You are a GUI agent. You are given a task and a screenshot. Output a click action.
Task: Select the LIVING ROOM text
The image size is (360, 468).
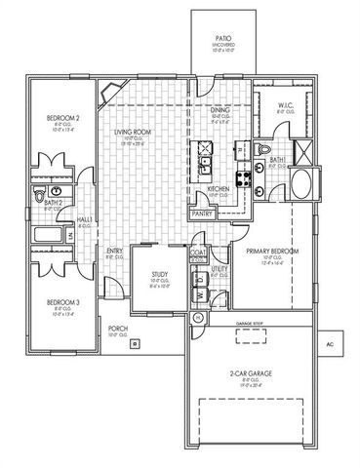click(x=133, y=132)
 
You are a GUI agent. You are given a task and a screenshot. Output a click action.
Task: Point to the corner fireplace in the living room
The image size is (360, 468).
click(x=109, y=95)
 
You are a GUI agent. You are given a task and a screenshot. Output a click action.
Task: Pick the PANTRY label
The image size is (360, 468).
click(x=204, y=213)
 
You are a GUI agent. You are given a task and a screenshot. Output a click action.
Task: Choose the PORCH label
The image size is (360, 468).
click(x=118, y=329)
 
